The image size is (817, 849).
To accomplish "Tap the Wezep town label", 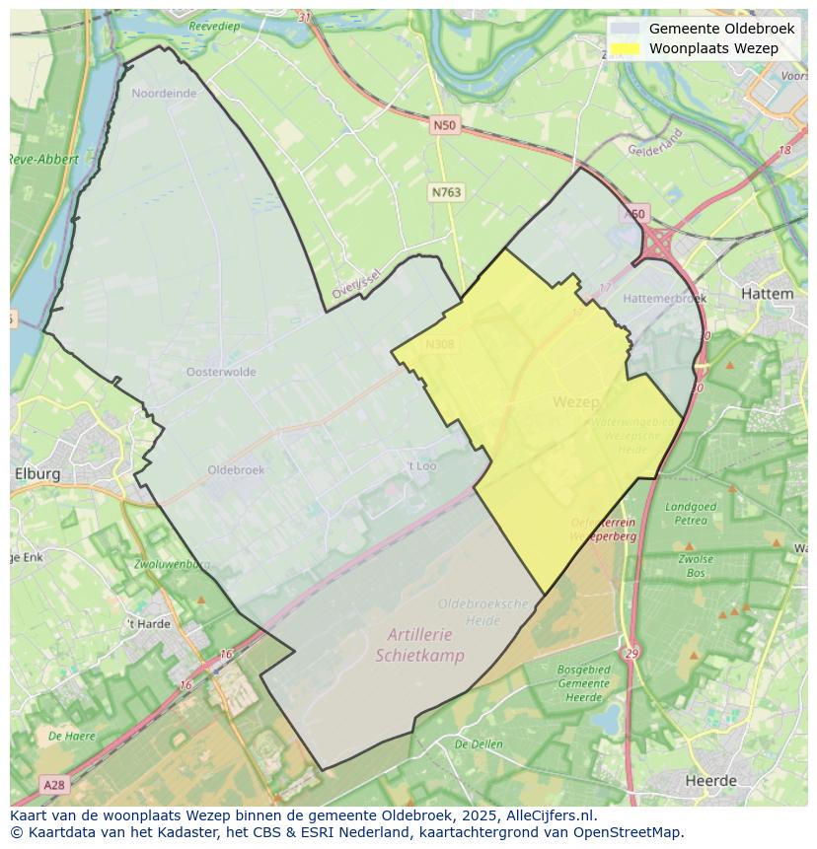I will coord(575,402).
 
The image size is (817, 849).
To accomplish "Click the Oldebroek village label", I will coord(236,470).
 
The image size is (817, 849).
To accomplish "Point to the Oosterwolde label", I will coord(221,372).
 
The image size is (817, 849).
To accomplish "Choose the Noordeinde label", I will coord(164,94).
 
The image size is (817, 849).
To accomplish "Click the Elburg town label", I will coord(37,473).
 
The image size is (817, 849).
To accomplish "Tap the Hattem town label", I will coord(766,294).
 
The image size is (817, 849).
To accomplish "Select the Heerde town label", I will coord(710,780).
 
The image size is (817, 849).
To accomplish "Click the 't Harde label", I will coord(148,624).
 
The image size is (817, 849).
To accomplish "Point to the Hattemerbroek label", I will coord(665,298).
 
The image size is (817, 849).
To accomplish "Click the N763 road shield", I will coord(446,193).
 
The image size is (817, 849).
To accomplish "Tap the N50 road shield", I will coord(444,125).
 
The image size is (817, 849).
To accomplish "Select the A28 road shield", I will coord(54,785).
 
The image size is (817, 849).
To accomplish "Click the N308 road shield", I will coord(439,344).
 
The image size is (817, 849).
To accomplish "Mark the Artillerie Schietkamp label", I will coord(419,647).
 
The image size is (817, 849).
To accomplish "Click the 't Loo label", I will coord(421,465).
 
